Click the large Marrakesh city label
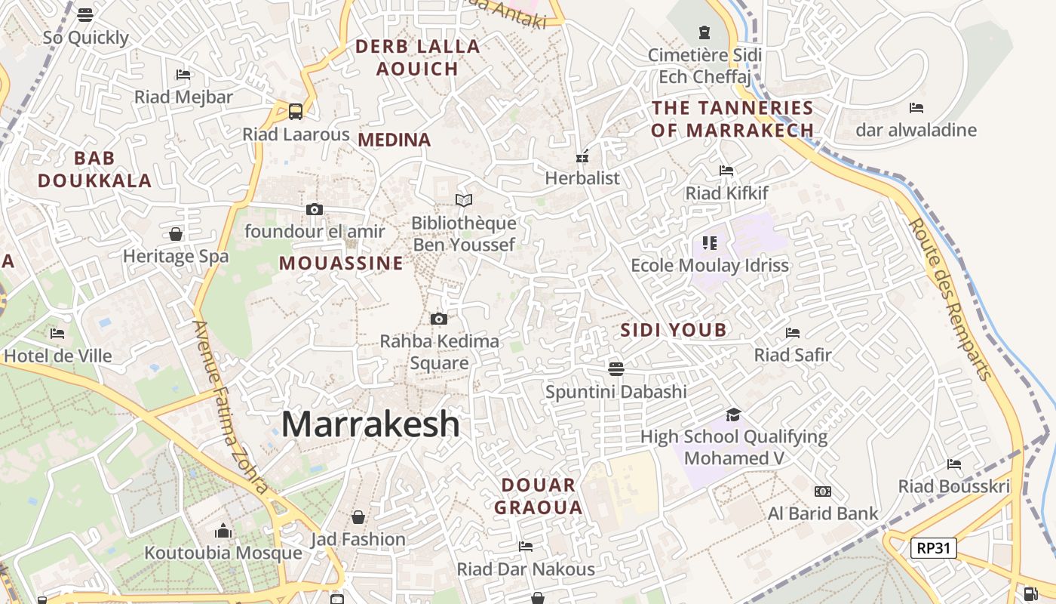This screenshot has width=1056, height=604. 370,424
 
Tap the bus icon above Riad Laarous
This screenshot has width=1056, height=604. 296,112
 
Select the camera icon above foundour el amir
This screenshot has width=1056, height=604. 315,209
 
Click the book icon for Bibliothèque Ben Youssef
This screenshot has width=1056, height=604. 464,200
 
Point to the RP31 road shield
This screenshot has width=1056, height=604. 933,548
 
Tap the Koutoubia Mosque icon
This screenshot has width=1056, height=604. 223,531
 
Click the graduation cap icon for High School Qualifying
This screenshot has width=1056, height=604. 733,414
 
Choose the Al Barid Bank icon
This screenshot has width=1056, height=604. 823,492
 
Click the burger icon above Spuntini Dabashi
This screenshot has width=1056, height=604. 616,368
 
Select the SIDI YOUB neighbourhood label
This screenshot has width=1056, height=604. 674,330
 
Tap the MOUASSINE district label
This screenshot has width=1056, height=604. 341,263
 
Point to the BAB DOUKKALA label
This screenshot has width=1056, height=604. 95,169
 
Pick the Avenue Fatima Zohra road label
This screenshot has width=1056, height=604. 230,408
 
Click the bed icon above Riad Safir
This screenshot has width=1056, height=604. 793,332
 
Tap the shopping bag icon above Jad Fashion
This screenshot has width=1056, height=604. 358,517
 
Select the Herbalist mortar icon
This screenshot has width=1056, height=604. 582,156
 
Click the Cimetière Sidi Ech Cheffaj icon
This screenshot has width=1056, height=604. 705,32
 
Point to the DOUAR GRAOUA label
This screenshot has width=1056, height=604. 539,496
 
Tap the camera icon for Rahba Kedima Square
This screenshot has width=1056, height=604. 439,319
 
